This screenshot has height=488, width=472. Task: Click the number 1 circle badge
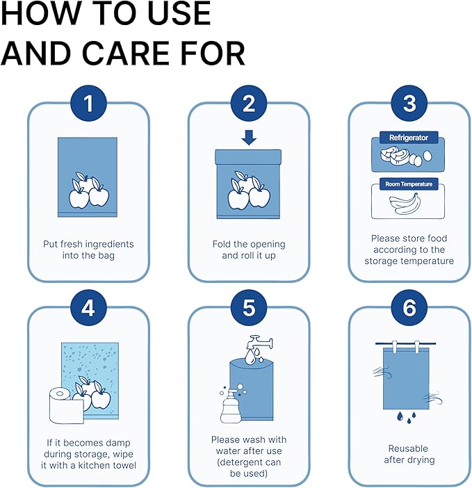click(88, 104)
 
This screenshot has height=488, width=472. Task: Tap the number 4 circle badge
click(88, 307)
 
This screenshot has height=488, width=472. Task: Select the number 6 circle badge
click(409, 307)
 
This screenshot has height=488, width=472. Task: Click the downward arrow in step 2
click(249, 138)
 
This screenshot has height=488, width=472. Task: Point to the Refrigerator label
click(409, 138)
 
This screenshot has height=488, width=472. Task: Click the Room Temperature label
click(409, 184)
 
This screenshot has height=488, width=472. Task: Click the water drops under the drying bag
click(408, 417)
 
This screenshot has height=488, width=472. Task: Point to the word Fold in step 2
click(223, 244)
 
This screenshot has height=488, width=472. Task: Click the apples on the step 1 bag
click(88, 188)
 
